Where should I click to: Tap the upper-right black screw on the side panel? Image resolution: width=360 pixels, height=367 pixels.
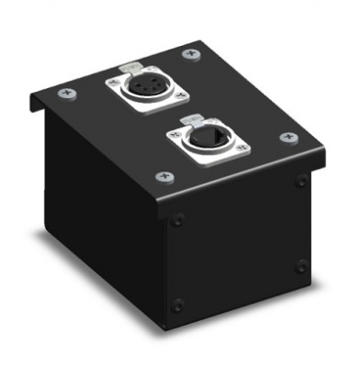tap(301, 182)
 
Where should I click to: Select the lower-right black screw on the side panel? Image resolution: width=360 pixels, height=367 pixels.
tap(302, 265)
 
